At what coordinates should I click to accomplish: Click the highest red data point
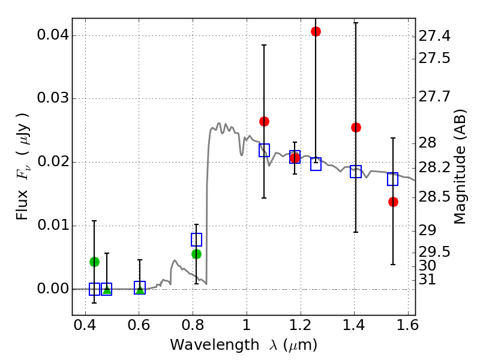click(316, 31)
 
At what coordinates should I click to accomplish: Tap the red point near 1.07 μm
click(264, 121)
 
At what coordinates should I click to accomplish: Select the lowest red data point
click(393, 202)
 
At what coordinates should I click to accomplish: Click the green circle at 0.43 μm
click(94, 262)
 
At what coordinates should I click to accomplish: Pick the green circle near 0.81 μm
click(196, 254)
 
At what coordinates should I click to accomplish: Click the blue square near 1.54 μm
click(393, 179)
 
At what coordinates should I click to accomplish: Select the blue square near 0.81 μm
click(196, 239)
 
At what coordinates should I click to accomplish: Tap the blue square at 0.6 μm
click(140, 287)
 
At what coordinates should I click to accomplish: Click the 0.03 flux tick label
click(52, 99)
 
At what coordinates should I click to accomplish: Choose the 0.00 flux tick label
click(52, 289)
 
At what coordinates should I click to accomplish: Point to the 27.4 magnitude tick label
click(434, 37)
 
